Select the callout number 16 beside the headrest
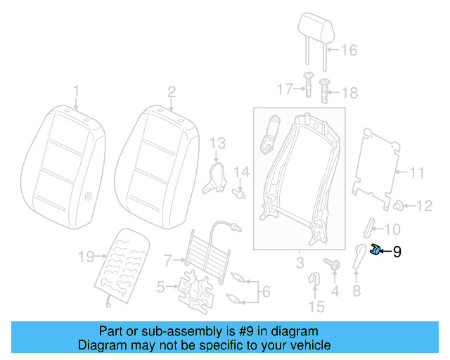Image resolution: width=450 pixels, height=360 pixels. coord(349,50)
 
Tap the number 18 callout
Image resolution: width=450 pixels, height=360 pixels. coord(349,91)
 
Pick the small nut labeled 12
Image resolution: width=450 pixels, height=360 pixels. coord(399,205)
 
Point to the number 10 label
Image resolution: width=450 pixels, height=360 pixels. coord(392,229)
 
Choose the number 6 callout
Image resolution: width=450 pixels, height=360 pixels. coord(265,291)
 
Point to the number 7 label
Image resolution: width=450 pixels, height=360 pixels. coord(167,260)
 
